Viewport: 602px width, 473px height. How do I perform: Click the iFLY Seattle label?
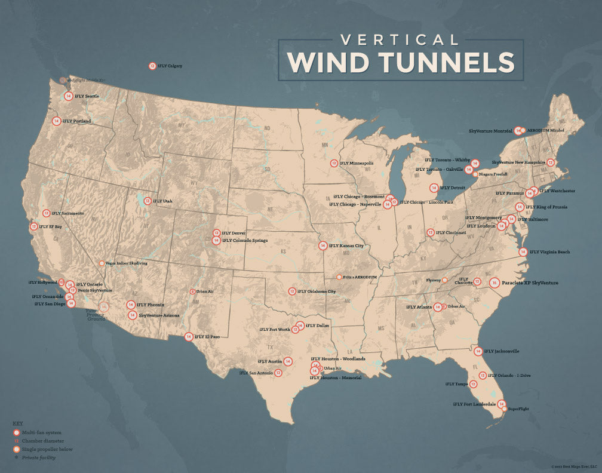[x=87, y=96]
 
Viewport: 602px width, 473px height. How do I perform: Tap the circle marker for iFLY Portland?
[x=57, y=121]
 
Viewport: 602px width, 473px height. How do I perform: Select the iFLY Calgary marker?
[x=152, y=66]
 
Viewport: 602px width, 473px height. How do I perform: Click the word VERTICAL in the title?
[x=400, y=40]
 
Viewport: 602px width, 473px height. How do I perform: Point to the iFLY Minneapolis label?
[x=357, y=163]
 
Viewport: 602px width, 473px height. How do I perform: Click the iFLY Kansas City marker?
[x=322, y=245]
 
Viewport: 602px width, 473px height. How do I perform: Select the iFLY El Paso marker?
[x=189, y=337]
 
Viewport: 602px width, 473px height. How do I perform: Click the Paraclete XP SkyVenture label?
[x=530, y=282]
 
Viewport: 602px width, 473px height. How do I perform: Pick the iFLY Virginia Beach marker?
[x=523, y=252]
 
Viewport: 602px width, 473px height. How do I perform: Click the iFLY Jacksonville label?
[x=502, y=351]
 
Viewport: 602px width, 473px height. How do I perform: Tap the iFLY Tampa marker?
[x=473, y=384]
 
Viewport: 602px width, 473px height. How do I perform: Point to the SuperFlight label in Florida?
[x=518, y=409]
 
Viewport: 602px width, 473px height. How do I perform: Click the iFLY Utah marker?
[x=148, y=201]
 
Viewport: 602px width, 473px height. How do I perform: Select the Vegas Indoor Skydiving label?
[x=127, y=263]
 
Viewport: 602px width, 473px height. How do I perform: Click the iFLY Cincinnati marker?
[x=430, y=232]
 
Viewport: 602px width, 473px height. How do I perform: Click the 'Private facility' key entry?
[x=38, y=457]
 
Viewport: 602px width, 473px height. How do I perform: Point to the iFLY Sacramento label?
[x=67, y=213]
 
